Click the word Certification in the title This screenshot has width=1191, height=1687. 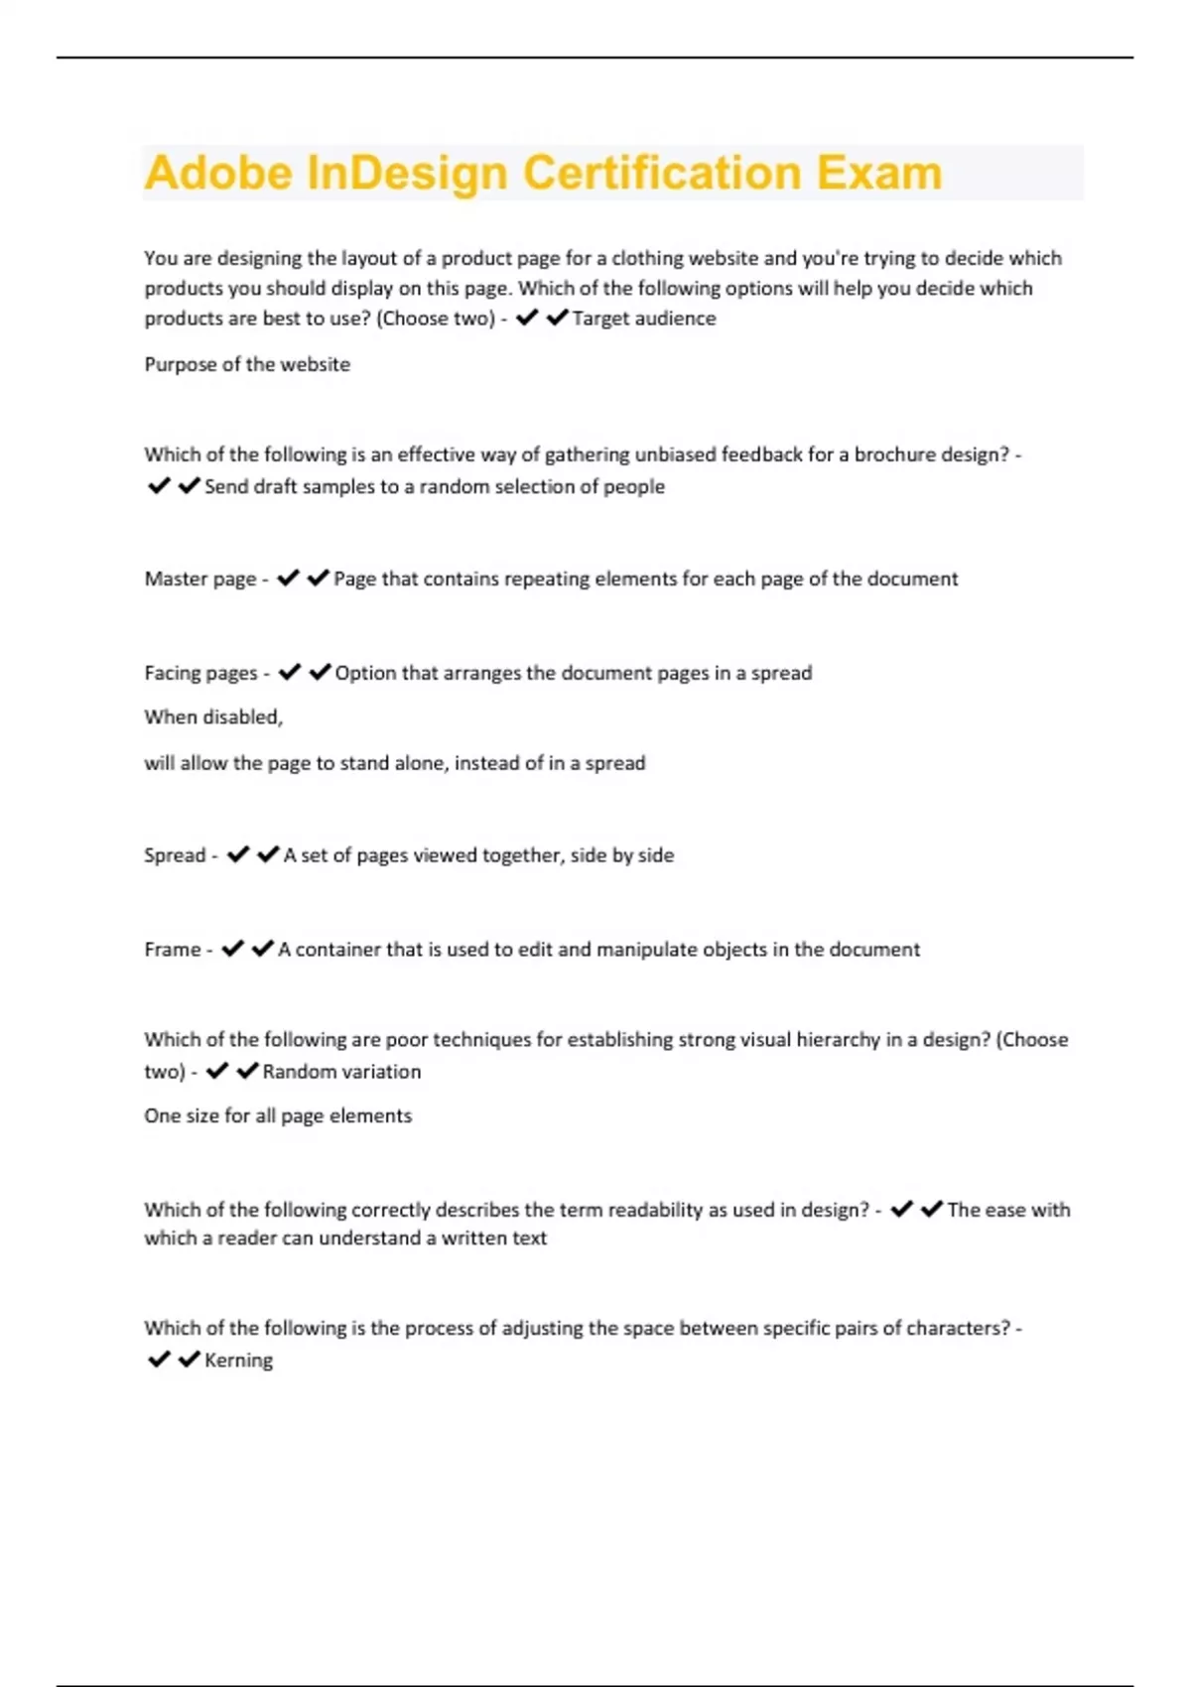tap(661, 173)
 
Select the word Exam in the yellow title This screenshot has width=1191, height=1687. tap(878, 173)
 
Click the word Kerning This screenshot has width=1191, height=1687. tap(238, 1361)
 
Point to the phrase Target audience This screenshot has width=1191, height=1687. tap(644, 319)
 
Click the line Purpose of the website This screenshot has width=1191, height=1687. tap(247, 364)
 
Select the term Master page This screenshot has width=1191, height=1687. tap(200, 579)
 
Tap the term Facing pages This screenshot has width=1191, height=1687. tap(200, 673)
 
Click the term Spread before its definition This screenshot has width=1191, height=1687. tap(175, 855)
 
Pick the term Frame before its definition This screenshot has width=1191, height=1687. tap(173, 950)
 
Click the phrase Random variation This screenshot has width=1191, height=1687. tap(341, 1072)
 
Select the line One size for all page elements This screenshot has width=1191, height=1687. tap(278, 1115)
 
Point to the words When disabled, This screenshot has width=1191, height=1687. tap(213, 716)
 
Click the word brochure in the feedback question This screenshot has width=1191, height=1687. tap(894, 454)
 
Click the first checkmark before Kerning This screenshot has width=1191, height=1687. tap(159, 1360)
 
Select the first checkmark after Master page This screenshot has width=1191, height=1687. tap(288, 578)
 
